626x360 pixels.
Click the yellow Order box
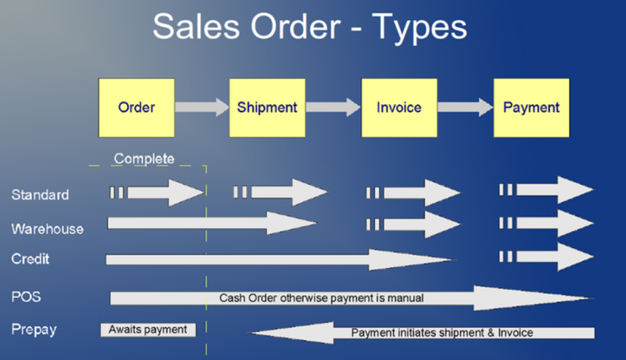(x=137, y=108)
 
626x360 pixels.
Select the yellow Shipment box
(x=267, y=108)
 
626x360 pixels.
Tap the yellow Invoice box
(x=399, y=108)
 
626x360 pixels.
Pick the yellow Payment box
(x=532, y=108)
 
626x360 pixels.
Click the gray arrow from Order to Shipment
(x=202, y=107)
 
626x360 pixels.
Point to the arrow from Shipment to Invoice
(x=333, y=107)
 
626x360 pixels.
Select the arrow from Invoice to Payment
(x=465, y=107)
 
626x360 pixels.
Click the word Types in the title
(x=419, y=27)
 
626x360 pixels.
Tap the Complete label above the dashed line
(x=144, y=159)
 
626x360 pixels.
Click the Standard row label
(x=40, y=195)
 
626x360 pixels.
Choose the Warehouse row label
(x=47, y=229)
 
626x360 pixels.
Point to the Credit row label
(x=30, y=259)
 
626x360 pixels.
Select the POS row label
(x=26, y=297)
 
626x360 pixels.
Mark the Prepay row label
(x=34, y=330)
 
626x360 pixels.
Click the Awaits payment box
(x=148, y=330)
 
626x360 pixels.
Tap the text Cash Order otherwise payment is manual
(x=321, y=298)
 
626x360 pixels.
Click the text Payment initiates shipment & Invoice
(x=442, y=333)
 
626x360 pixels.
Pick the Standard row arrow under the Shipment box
(x=281, y=193)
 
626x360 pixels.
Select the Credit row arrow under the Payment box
(x=546, y=257)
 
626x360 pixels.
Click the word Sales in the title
(x=196, y=27)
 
